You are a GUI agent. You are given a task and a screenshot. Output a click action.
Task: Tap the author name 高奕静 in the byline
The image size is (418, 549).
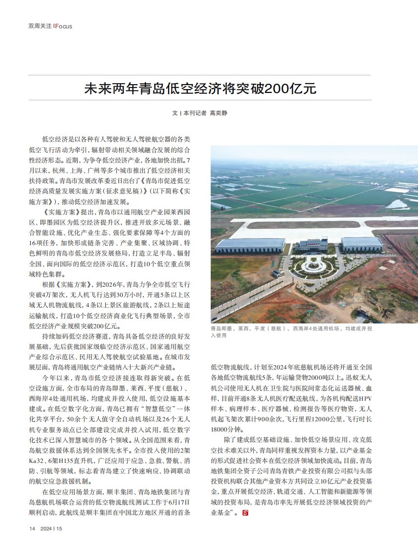click(219, 113)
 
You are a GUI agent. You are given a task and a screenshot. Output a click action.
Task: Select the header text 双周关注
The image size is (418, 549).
click(40, 26)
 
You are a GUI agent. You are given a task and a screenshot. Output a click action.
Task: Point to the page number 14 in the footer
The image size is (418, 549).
click(32, 528)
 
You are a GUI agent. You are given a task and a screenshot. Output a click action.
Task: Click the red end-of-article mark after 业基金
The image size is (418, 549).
click(246, 512)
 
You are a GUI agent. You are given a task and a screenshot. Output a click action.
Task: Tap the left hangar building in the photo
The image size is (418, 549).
click(250, 245)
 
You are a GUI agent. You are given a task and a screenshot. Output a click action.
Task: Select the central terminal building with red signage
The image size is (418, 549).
click(311, 244)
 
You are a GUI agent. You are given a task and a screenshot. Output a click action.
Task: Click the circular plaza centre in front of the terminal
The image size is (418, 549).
click(311, 266)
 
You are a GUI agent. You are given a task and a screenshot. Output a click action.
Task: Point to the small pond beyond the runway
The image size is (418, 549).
click(397, 204)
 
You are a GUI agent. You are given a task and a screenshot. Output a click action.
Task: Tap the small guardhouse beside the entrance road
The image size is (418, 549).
click(277, 273)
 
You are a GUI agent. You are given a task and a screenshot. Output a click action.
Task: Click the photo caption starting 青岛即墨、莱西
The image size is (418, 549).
click(291, 332)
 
